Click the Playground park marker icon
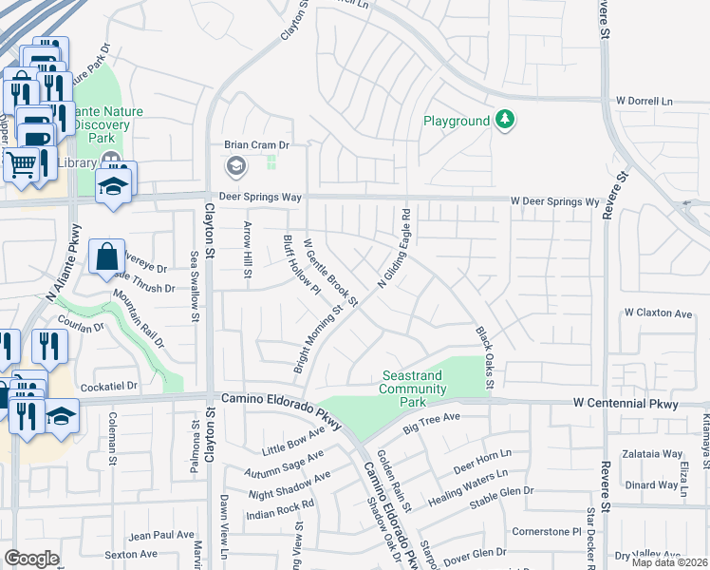507,120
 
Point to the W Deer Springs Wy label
555,201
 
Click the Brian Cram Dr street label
255,145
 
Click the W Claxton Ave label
658,313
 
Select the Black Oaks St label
485,358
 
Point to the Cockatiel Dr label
109,387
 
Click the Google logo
31,558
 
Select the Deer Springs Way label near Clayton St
259,197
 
